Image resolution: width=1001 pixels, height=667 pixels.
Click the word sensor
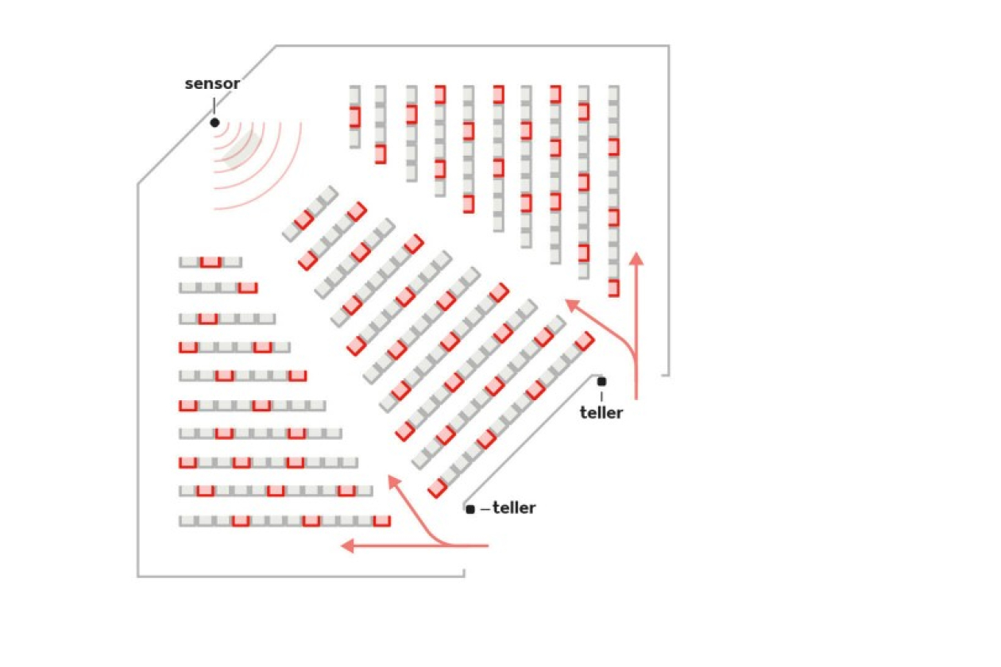212,83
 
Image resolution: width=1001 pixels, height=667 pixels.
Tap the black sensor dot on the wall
214,122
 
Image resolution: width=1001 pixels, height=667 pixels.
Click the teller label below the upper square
601,412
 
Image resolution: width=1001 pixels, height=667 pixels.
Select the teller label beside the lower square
514,507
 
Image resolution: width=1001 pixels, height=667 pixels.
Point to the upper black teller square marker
601,381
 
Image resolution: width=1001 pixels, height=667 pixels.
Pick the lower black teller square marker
470,509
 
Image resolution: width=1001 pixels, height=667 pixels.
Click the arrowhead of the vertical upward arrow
636,258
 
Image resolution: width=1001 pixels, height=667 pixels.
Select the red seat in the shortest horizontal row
211,262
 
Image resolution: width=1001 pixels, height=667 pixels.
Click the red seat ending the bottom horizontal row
381,521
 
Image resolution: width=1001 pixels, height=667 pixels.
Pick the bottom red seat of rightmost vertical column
613,287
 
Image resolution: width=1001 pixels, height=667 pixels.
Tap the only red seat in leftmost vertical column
354,117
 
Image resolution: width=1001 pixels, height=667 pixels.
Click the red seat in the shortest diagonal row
303,220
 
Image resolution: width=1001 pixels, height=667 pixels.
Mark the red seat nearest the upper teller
584,341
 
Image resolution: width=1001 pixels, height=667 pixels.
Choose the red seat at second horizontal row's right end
248,287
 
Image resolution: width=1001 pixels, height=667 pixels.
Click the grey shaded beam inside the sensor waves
243,147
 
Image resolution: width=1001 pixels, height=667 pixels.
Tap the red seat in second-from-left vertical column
381,154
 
